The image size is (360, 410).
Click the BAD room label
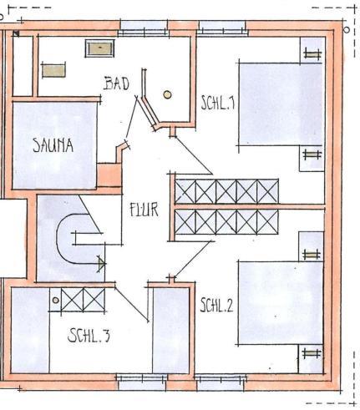click(116, 84)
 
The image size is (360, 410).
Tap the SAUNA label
click(53, 145)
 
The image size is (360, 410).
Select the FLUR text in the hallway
click(144, 210)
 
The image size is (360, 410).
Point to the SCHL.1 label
click(218, 103)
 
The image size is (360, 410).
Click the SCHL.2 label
click(216, 305)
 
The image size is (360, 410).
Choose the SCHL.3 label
click(89, 335)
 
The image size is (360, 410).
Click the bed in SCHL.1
click(280, 104)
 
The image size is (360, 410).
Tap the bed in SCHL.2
click(280, 303)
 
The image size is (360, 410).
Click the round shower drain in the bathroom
click(167, 94)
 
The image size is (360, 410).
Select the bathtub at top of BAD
click(99, 48)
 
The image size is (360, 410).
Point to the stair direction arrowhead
click(102, 264)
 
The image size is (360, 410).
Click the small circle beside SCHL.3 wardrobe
click(56, 301)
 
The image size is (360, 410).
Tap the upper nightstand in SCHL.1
click(312, 50)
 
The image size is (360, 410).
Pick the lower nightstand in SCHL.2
click(311, 359)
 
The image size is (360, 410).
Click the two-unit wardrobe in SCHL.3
click(83, 300)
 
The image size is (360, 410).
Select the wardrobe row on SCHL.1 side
click(226, 191)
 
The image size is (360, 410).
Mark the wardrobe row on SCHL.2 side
click(226, 222)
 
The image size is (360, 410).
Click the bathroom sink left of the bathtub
click(53, 70)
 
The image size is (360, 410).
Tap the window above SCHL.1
click(222, 28)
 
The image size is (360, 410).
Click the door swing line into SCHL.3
click(131, 304)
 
